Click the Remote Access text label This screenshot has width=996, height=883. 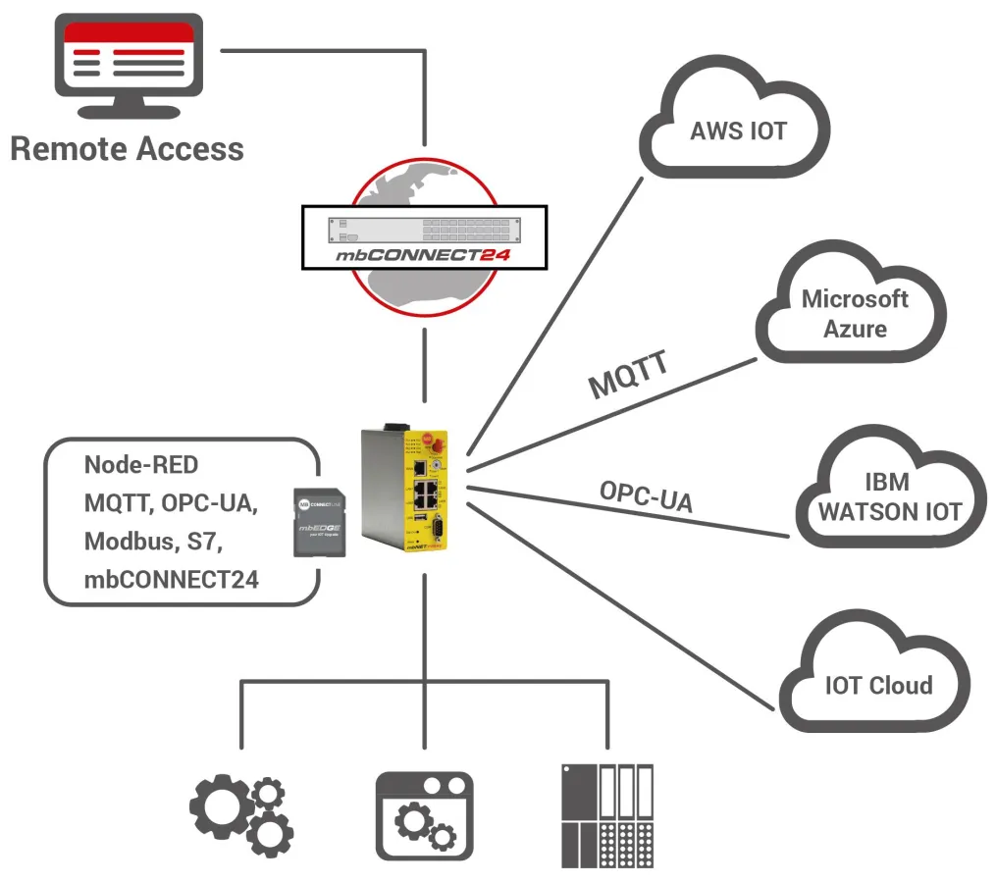(127, 149)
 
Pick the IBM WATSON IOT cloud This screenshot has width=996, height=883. (890, 496)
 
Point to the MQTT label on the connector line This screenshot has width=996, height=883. (629, 375)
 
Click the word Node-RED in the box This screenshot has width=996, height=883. (140, 464)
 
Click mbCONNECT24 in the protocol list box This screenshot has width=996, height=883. (171, 579)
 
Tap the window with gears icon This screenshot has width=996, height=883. (424, 815)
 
